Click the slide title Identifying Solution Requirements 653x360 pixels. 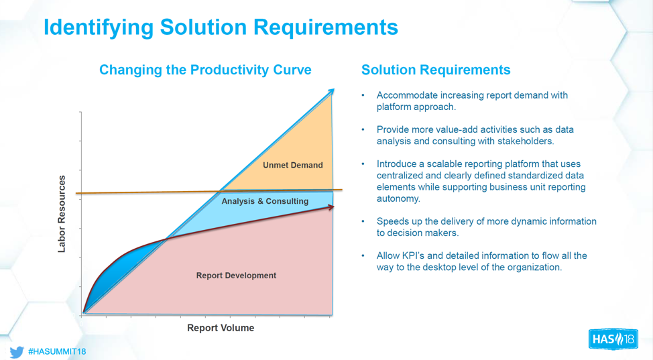(x=221, y=27)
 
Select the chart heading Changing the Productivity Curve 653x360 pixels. (x=205, y=70)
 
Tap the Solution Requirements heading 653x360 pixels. (x=436, y=70)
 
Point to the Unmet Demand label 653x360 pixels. (x=292, y=165)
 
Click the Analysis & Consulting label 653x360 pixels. (x=265, y=201)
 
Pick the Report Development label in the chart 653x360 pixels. (x=236, y=276)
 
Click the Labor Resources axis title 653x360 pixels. (x=62, y=214)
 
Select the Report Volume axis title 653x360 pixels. (x=221, y=328)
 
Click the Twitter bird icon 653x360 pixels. (x=17, y=351)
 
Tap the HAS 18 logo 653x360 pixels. (x=613, y=339)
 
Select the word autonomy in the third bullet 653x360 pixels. (x=399, y=198)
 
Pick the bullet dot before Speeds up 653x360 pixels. (x=363, y=221)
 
